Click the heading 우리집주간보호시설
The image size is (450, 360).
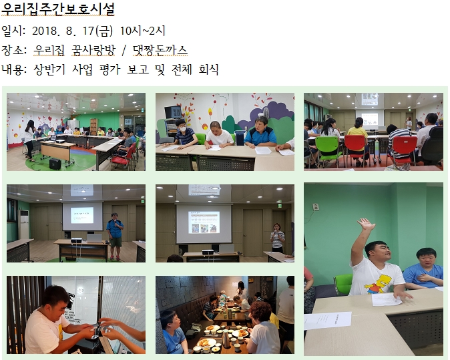click(x=57, y=9)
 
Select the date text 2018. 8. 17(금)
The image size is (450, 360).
click(x=72, y=31)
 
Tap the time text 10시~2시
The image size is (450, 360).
click(x=142, y=31)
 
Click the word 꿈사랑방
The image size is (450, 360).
click(x=93, y=50)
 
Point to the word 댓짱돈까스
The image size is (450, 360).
click(x=160, y=50)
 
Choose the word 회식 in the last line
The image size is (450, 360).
click(x=208, y=69)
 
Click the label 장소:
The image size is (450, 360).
click(x=14, y=50)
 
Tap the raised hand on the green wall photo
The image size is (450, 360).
click(x=366, y=224)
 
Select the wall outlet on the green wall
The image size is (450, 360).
click(x=316, y=206)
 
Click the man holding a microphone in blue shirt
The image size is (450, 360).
click(x=115, y=236)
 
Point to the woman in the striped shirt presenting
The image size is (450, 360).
click(x=278, y=238)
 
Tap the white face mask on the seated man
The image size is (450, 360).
click(x=182, y=129)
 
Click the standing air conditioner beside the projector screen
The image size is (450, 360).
click(x=23, y=225)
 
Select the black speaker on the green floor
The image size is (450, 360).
click(x=55, y=164)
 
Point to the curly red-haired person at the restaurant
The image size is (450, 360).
click(x=261, y=327)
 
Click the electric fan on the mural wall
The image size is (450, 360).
click(x=265, y=113)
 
